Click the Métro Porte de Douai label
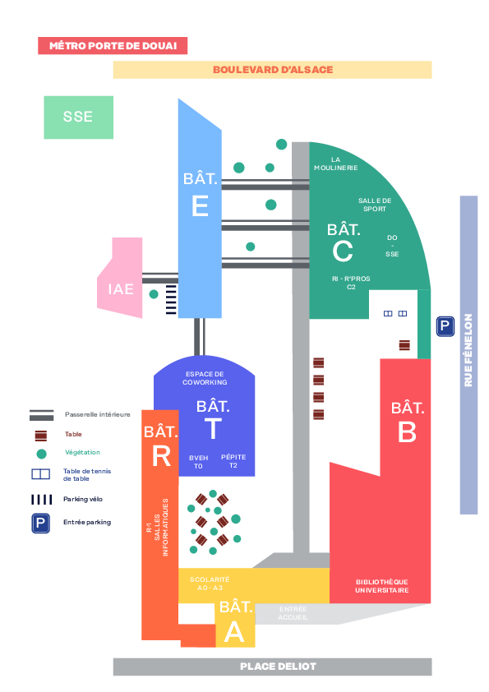pos(113,45)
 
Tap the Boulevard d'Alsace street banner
pos(272,70)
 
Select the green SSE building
pos(79,118)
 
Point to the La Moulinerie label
pos(336,164)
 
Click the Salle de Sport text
pos(375,205)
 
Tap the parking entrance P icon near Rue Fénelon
pos(445,326)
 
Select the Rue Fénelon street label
pos(468,350)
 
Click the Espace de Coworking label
pos(205,378)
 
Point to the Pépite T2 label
pos(233,461)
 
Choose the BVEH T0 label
pos(199,462)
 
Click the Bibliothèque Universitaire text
pos(382,586)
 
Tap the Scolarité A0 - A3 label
pos(210,584)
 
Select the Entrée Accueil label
pos(293,613)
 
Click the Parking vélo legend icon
pos(41,499)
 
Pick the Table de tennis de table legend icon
pos(40,474)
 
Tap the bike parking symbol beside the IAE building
pos(171,299)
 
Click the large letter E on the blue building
pos(200,205)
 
